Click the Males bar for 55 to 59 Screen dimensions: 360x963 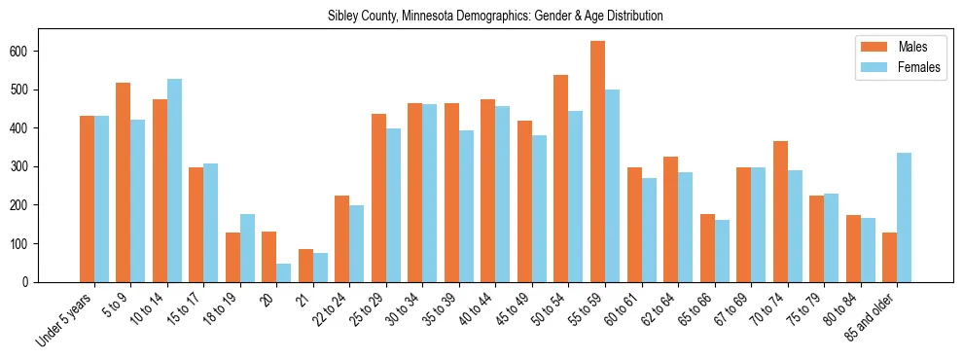597,162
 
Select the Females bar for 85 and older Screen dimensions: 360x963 904,217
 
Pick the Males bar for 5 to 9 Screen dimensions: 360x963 124,182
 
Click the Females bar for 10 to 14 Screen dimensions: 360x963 174,180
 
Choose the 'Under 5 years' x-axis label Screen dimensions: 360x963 65,318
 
